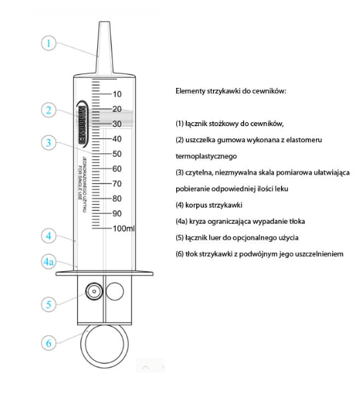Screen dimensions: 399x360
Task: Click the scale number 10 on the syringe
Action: [117, 94]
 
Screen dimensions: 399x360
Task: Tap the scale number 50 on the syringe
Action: [117, 154]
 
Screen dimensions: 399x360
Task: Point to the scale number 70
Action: [117, 184]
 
